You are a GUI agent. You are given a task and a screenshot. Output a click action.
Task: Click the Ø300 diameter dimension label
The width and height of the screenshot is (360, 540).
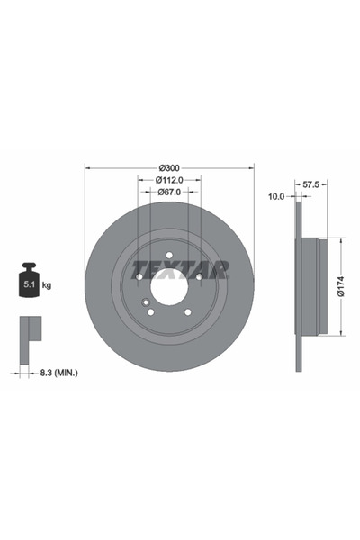click(x=169, y=167)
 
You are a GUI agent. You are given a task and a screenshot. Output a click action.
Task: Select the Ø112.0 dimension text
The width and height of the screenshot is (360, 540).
click(x=169, y=179)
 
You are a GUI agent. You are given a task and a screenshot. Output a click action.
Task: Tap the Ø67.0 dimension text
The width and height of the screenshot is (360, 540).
click(x=169, y=192)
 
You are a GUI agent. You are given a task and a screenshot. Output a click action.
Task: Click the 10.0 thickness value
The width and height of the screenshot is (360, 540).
click(x=276, y=195)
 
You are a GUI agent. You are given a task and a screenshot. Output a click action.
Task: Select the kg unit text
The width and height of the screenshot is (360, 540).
click(x=47, y=285)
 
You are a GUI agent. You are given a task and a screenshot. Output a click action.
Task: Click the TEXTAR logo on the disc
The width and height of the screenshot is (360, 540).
click(x=181, y=269)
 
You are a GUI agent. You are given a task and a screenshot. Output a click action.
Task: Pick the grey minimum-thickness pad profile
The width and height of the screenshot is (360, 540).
click(x=30, y=331)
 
